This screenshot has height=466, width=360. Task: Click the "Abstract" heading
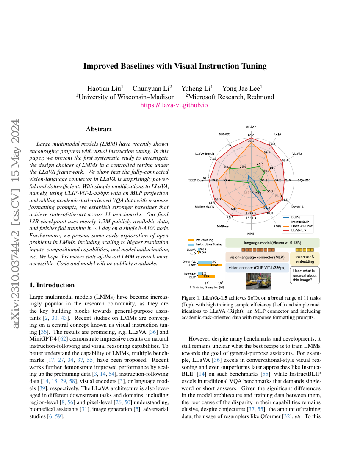point(99,129)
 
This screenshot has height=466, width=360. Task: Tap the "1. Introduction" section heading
point(52,285)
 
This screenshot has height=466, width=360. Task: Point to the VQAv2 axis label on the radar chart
point(251,126)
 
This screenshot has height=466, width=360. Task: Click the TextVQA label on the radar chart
point(297,207)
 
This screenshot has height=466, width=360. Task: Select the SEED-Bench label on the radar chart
point(197,180)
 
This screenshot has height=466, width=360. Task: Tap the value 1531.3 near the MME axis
point(251,218)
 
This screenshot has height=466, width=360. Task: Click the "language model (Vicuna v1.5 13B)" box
point(272,243)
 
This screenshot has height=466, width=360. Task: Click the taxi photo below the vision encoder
point(258,281)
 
